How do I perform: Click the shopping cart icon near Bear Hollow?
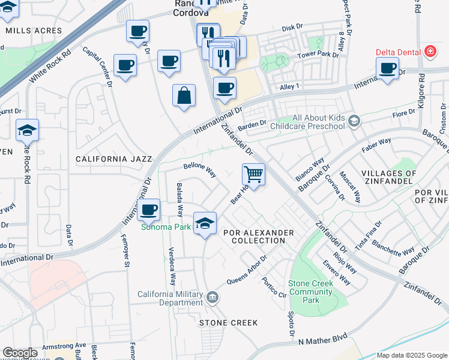254,175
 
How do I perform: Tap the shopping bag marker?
184,95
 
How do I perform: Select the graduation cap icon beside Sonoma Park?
205,223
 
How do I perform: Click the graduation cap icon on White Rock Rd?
28,130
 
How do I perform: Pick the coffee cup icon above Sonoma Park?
148,209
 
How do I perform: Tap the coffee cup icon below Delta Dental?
388,68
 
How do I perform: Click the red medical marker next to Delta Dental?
429,52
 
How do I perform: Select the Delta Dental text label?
397,52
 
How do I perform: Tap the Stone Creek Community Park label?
310,292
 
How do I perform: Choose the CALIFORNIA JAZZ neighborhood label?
113,159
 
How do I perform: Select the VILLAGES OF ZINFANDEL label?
388,177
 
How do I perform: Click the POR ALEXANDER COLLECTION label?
258,236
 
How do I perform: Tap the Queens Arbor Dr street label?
247,272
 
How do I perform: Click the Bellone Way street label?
199,169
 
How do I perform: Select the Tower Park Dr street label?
318,55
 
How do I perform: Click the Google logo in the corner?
20,353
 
